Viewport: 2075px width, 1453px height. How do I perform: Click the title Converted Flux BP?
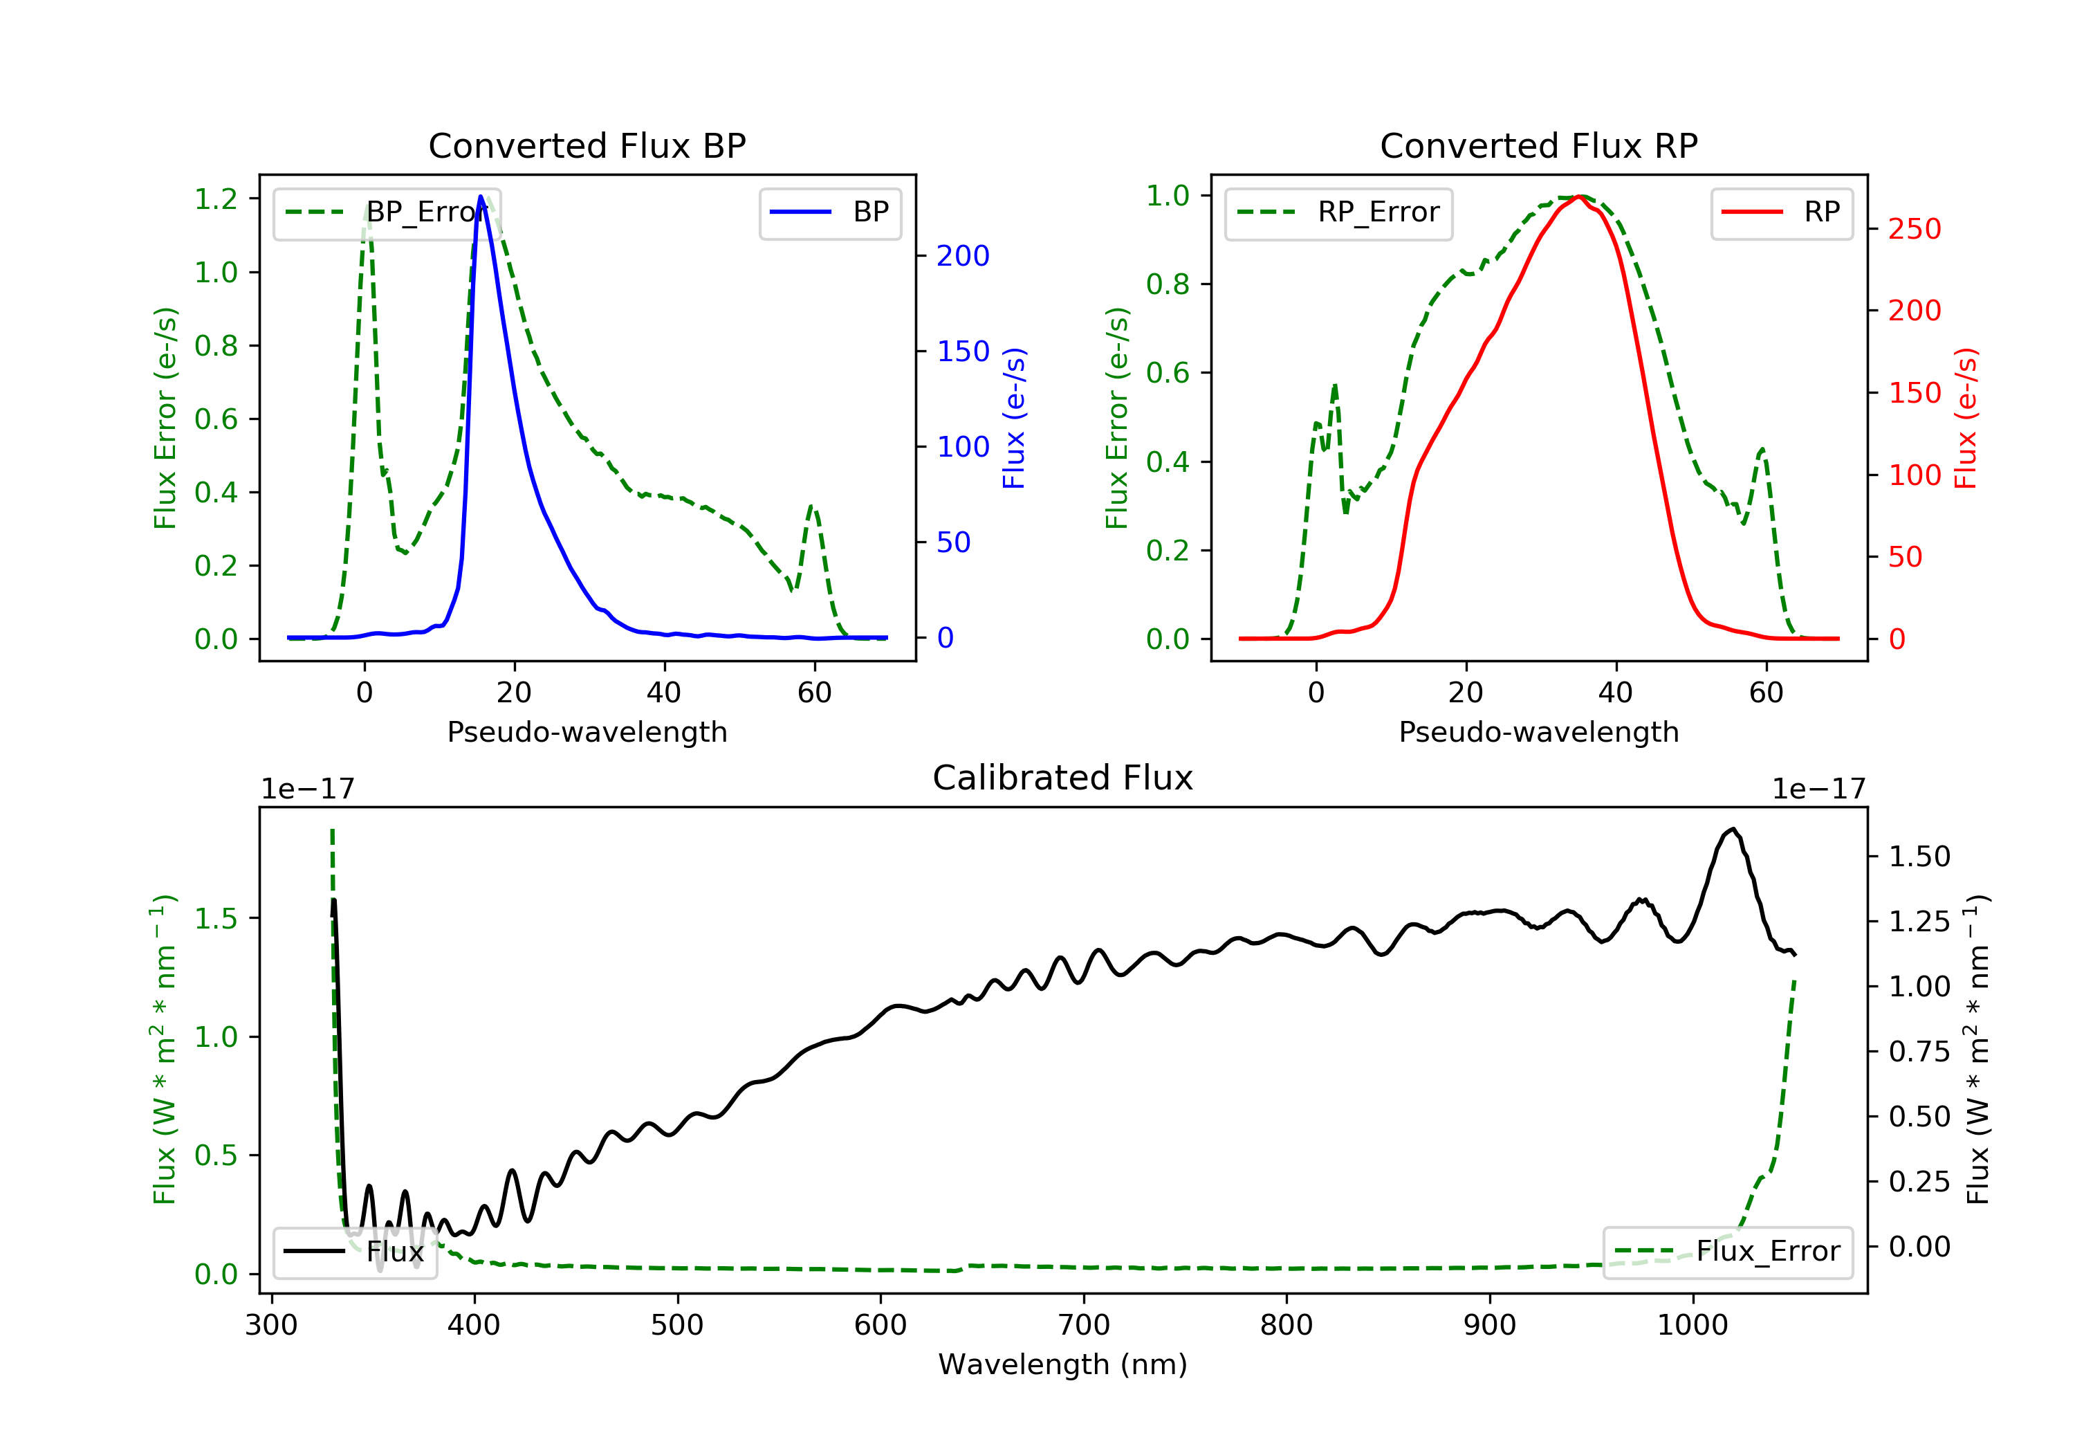click(x=587, y=145)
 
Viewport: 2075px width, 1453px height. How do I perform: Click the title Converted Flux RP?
click(x=1538, y=145)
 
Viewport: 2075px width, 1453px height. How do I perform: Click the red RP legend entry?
click(x=1781, y=212)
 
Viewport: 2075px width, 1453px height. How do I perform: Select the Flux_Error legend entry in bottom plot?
click(x=1727, y=1252)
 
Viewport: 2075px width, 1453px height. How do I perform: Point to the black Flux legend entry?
click(x=356, y=1252)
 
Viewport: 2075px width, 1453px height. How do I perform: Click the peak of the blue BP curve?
click(x=481, y=197)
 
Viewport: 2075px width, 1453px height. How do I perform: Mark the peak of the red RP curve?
click(x=1578, y=197)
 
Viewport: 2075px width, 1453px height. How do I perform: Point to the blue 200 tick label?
click(x=963, y=256)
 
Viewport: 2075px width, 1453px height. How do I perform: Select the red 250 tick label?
click(x=1914, y=229)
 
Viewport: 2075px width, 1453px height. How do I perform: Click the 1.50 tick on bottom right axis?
click(x=1919, y=857)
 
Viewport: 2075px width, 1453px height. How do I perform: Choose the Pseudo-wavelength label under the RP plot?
click(x=1538, y=731)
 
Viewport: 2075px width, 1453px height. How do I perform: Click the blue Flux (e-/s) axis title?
click(x=1014, y=418)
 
